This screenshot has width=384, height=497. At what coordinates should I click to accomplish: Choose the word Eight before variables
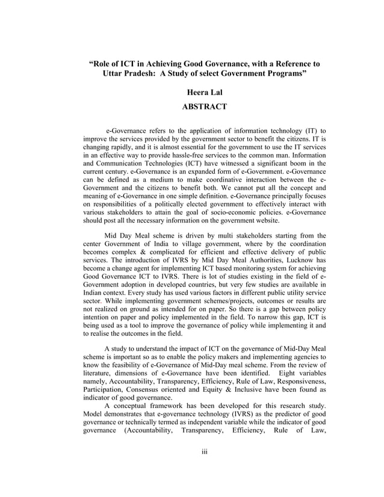point(285,374)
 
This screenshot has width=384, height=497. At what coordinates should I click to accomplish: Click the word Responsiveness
point(296,382)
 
